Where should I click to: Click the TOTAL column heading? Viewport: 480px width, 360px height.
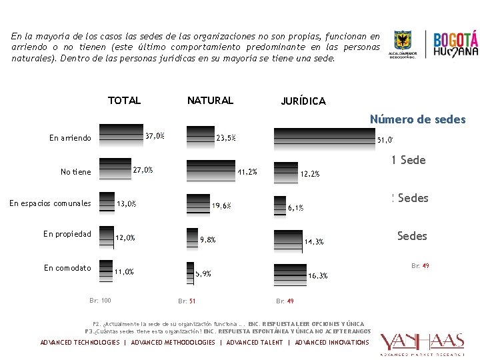coord(124,101)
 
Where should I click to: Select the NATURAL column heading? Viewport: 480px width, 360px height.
coord(210,101)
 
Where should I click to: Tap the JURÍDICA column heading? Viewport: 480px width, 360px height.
coord(303,101)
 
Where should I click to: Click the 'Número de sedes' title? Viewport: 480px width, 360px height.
coord(417,120)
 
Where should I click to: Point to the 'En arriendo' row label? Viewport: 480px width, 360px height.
coord(70,138)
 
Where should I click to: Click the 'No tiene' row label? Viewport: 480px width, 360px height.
coord(75,172)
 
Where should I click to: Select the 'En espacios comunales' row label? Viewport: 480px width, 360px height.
coord(50,203)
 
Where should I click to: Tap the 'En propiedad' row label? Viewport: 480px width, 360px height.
coord(67,234)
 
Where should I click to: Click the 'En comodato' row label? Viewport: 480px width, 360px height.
coord(67,268)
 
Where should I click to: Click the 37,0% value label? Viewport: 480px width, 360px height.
coord(155,136)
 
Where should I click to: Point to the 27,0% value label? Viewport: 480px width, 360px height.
coord(143,170)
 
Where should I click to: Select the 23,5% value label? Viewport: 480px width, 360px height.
coord(225,139)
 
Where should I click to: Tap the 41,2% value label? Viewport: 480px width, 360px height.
coord(247,172)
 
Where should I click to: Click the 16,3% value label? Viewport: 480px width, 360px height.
coord(317,275)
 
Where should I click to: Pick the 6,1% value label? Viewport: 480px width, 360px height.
coord(295,208)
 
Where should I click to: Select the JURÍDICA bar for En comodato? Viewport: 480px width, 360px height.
coord(290,272)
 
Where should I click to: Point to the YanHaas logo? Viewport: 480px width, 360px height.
coord(421,343)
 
